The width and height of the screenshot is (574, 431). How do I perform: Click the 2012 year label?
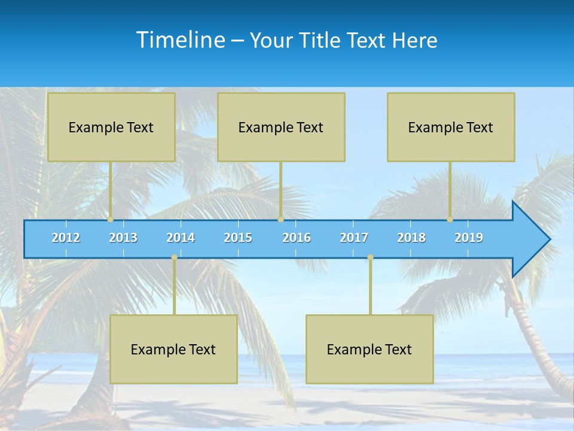coord(66,238)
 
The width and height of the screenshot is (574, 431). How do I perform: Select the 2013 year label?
coord(123,238)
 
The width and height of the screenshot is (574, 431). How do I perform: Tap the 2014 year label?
coord(181,238)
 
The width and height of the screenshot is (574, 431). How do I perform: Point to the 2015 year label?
coord(238,238)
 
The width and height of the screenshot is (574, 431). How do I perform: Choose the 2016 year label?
coord(297,238)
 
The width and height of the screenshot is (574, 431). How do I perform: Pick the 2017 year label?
coord(354,238)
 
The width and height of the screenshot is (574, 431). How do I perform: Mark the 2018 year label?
coord(411,238)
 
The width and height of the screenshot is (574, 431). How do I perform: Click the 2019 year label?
coord(469,238)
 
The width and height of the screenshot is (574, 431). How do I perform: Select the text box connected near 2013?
coord(111,127)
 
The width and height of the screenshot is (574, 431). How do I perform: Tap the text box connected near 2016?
coord(281,127)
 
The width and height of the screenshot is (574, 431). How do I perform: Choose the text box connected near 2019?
coord(451,127)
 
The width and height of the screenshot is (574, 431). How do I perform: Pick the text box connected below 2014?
coord(173,349)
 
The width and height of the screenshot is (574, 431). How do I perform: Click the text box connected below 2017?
coord(370,349)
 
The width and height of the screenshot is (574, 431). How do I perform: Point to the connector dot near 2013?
coord(111,220)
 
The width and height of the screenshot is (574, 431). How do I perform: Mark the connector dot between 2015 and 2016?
coord(280,220)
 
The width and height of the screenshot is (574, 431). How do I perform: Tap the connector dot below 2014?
coord(174,257)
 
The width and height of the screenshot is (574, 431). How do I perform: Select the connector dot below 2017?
coord(370,257)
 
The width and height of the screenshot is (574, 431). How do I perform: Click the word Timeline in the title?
coord(180,40)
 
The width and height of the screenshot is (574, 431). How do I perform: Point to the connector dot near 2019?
coord(450,220)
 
